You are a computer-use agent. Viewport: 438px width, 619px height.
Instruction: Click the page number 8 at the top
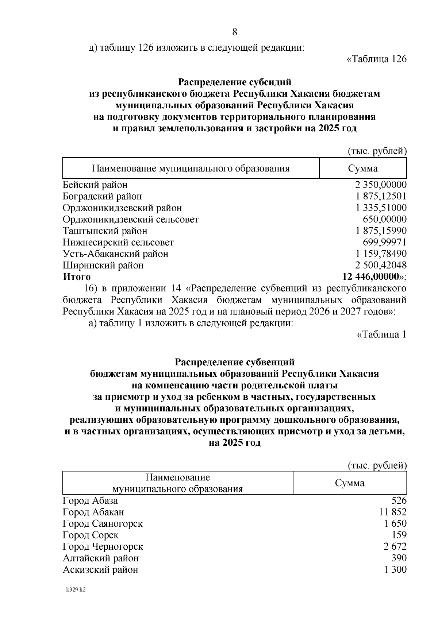(235, 32)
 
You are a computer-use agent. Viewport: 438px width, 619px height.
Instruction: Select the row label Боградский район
(102, 197)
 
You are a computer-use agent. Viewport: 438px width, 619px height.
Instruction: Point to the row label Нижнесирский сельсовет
(118, 242)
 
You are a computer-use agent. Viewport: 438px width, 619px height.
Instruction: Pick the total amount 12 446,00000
(370, 276)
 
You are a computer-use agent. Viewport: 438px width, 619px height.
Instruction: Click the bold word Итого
(77, 277)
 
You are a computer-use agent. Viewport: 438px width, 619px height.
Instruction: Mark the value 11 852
(393, 512)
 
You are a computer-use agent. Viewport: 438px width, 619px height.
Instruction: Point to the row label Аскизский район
(100, 569)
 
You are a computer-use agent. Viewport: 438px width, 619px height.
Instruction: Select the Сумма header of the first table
(363, 169)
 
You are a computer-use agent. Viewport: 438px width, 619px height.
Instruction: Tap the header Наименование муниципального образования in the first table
(191, 169)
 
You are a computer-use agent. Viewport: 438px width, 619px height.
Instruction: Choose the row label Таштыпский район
(105, 231)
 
